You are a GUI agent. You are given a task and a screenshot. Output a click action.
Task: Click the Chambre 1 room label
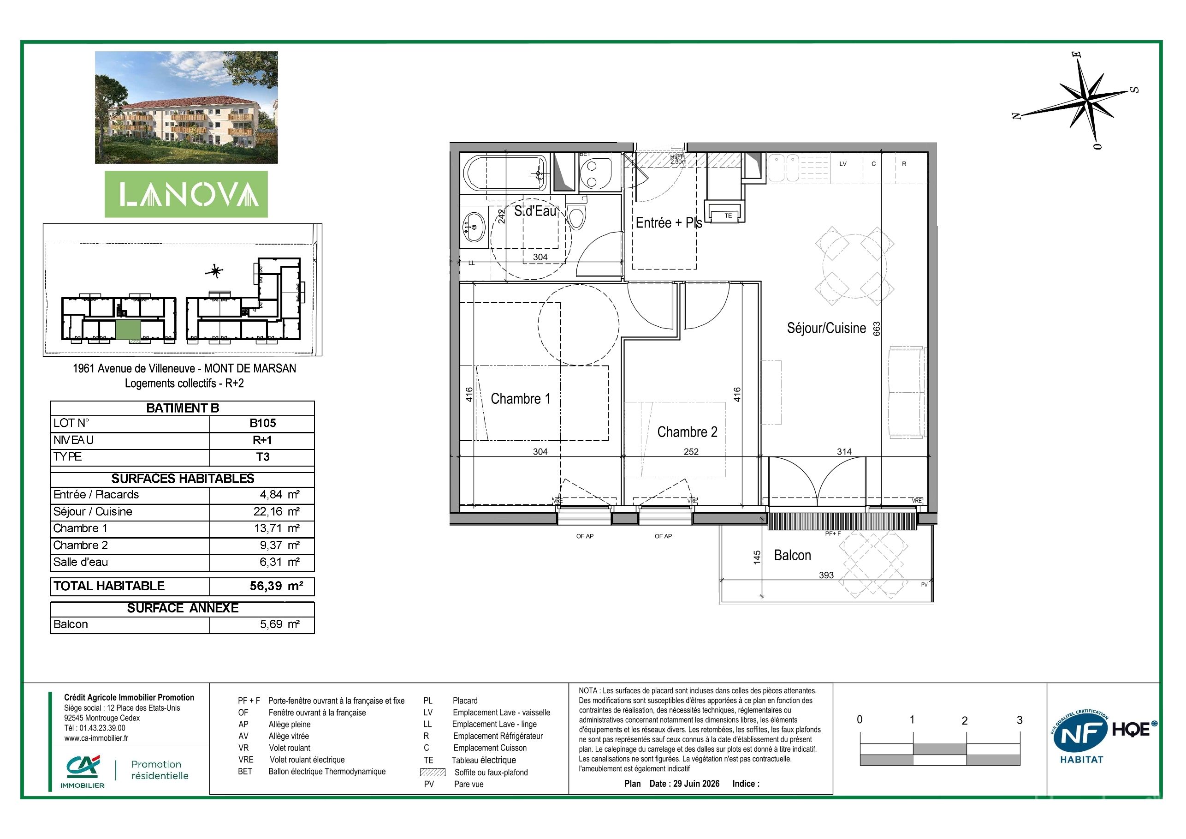coord(520,399)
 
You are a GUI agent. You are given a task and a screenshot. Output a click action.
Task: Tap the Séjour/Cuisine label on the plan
coord(826,328)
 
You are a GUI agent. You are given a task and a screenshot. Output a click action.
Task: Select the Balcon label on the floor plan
coord(792,555)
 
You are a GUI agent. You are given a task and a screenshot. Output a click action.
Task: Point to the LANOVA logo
coord(186,194)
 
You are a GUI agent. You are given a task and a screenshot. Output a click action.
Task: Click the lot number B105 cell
coord(262,423)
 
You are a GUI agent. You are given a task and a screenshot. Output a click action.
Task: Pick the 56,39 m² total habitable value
coord(276,586)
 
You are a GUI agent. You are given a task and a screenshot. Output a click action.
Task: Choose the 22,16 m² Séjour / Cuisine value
coord(279,511)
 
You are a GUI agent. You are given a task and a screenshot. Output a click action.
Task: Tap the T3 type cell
coord(262,456)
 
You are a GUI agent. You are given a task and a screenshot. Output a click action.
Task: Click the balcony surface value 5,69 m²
coord(279,624)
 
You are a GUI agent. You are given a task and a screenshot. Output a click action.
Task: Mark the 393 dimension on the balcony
coord(826,575)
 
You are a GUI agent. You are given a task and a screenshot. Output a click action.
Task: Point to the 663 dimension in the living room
coord(877,329)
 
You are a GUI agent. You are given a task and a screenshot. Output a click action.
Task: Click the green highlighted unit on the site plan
coord(127,330)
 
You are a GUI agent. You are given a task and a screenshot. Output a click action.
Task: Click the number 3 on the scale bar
coord(1019,720)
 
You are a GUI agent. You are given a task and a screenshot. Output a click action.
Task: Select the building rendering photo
coord(186,108)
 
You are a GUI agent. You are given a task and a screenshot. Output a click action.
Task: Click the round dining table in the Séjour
coord(855,267)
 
